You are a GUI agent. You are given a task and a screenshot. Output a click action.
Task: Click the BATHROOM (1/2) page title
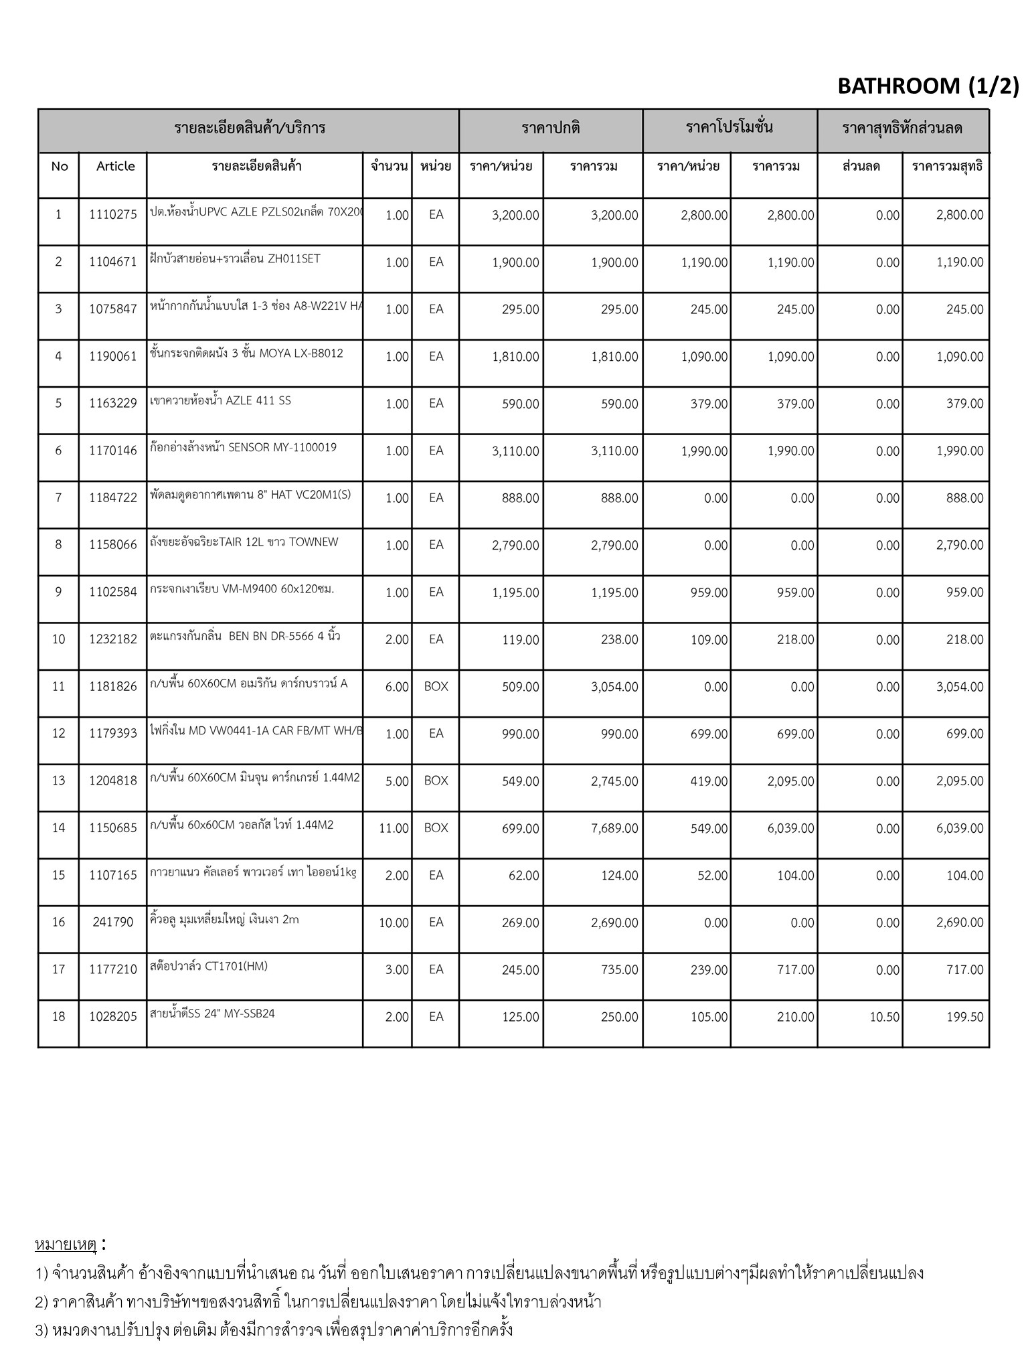click(x=928, y=86)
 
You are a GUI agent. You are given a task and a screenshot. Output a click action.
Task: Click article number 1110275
click(x=112, y=215)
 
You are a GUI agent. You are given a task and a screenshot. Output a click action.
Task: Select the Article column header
click(x=115, y=167)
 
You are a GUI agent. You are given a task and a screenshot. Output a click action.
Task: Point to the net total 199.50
click(x=964, y=1017)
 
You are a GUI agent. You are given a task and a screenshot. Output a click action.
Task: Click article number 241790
click(x=112, y=922)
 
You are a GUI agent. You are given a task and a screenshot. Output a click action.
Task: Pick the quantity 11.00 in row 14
click(x=394, y=828)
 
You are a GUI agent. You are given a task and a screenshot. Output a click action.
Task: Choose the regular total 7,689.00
click(x=614, y=828)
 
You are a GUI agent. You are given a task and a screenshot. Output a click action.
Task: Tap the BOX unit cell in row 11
click(x=436, y=686)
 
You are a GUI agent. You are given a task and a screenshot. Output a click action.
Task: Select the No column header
click(x=59, y=167)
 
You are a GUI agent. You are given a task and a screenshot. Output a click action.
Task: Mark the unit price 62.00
click(x=523, y=876)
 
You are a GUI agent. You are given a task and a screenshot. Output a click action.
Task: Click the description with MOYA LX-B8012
click(x=246, y=353)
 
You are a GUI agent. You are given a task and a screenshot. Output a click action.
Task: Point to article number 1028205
click(x=112, y=1017)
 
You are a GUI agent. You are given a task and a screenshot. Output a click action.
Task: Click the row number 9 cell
click(x=58, y=592)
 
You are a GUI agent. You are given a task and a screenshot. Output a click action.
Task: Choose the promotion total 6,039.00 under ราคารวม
click(x=790, y=828)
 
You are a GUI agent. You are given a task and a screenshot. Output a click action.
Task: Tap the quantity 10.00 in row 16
click(x=394, y=922)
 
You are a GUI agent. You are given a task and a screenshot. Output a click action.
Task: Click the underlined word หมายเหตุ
click(x=66, y=1244)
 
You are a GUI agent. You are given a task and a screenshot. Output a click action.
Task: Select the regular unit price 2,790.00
click(x=515, y=545)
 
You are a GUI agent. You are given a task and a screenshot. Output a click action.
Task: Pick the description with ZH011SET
click(x=236, y=259)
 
